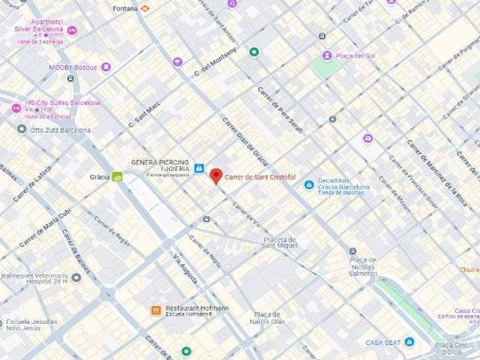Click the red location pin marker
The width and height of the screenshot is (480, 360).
215,175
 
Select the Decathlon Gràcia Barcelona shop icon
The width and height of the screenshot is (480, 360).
308,184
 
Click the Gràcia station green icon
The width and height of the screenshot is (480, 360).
117,177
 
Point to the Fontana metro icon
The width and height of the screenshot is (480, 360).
145,8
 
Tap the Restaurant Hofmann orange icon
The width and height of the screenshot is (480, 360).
155,310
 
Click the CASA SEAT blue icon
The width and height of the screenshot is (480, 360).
409,342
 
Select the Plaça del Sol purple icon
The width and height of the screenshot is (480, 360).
327,55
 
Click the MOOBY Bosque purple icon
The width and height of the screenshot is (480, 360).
106,67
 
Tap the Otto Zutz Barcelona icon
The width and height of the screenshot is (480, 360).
22,129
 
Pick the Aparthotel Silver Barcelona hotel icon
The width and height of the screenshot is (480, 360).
72,30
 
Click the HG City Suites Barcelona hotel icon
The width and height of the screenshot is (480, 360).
16,108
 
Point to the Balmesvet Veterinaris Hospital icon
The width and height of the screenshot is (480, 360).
76,277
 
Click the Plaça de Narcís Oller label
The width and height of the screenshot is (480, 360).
268,317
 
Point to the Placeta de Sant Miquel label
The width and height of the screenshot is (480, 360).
280,242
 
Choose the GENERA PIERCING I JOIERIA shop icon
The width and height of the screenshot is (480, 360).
199,169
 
